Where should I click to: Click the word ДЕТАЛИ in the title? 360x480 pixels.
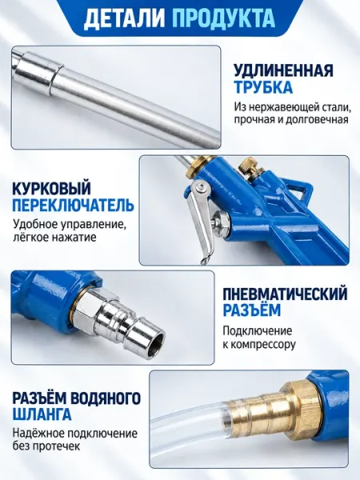pos(124,18)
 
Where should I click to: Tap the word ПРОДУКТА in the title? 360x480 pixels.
pos(223,18)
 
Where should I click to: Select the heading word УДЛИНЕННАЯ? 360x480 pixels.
pos(284,71)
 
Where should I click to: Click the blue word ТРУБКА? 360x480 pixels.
pos(263,87)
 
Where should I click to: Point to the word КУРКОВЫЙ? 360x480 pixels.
pos(51,188)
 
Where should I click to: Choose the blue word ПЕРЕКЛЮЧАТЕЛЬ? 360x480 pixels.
pos(73,204)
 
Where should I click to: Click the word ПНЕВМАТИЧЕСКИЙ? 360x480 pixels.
pos(285,294)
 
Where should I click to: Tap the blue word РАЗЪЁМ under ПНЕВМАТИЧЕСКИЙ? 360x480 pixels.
pos(251,310)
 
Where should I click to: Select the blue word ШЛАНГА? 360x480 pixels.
pos(42,414)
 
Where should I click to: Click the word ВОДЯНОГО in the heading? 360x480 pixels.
pos(106,398)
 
